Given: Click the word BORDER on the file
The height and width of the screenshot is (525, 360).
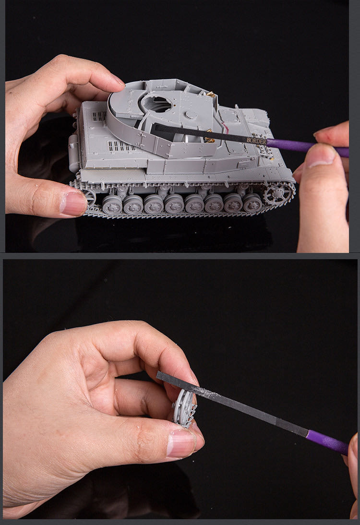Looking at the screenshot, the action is click(x=257, y=141).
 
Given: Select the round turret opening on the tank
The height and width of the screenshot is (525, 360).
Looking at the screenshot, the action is click(x=157, y=103).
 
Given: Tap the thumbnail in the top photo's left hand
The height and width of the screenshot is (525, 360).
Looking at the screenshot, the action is click(x=73, y=203).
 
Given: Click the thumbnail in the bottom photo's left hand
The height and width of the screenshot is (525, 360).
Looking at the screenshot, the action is click(x=181, y=443).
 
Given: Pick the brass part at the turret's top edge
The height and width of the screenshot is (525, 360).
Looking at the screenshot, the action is click(x=210, y=95).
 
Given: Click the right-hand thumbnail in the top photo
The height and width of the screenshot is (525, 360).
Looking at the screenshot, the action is click(x=320, y=156).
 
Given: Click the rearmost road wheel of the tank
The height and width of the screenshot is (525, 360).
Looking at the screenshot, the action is click(x=112, y=204).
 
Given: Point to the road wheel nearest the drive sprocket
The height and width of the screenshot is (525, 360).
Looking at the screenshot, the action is click(x=253, y=203).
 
